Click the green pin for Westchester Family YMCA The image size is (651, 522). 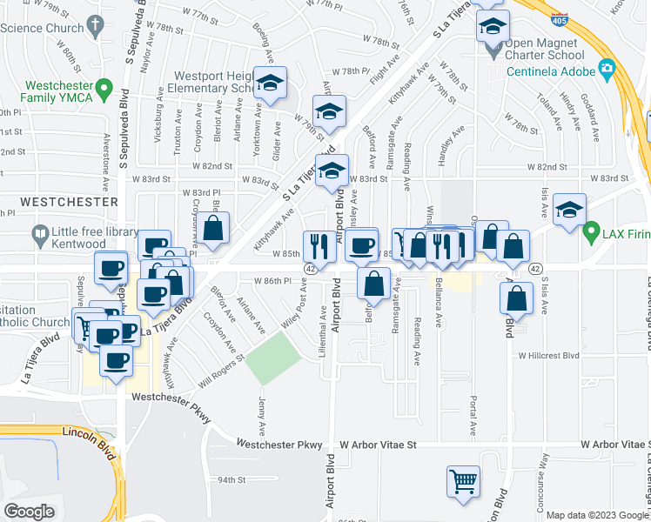click(x=104, y=87)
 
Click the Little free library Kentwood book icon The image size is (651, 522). click(x=39, y=233)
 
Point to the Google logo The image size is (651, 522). click(x=30, y=511)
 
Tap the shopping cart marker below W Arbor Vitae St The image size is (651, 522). click(x=463, y=481)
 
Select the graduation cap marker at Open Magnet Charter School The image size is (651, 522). click(x=492, y=27)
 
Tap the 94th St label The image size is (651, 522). click(x=232, y=479)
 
